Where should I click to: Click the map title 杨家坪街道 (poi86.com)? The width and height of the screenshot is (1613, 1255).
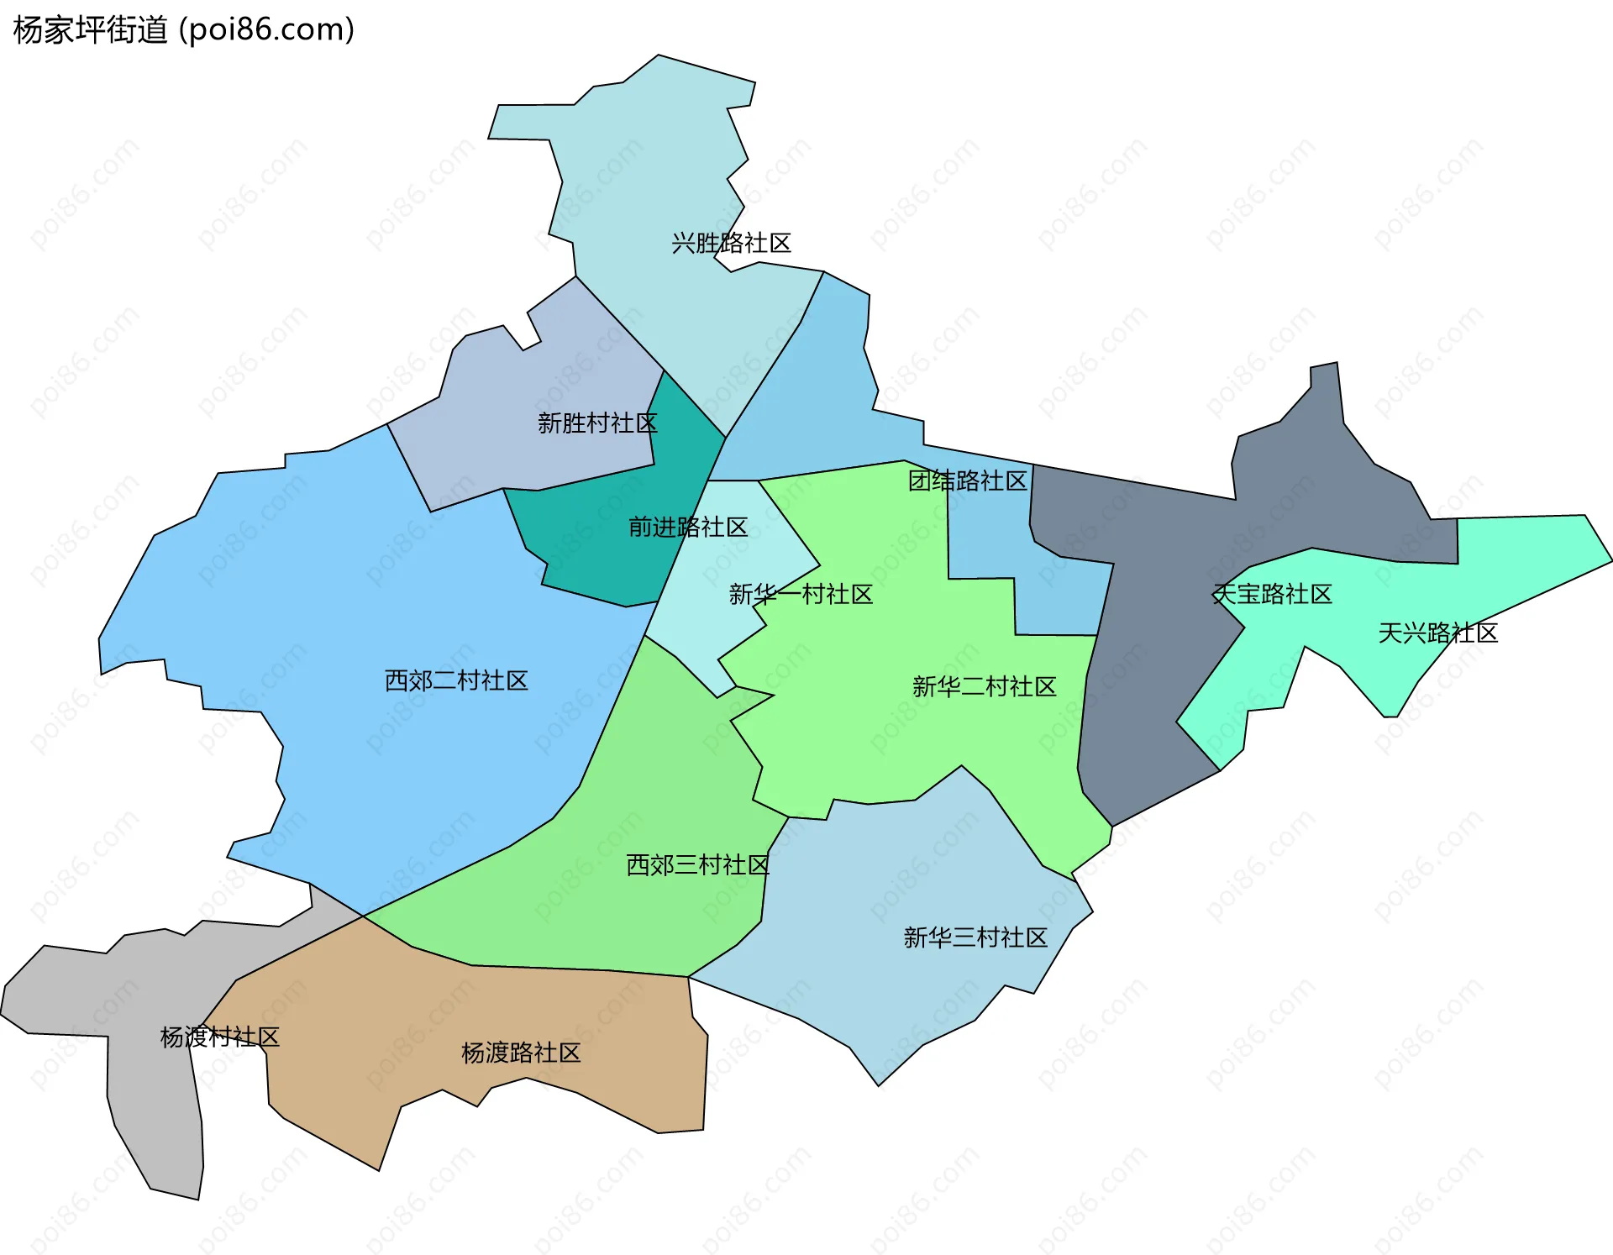pos(184,30)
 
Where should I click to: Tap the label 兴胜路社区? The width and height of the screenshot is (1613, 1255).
pos(731,244)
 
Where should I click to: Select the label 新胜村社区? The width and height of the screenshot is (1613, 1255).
pos(597,423)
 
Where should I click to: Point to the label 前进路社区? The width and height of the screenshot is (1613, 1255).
pos(688,527)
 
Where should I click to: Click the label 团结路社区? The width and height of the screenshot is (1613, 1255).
pos(968,480)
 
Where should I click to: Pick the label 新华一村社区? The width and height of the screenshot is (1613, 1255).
pos(801,595)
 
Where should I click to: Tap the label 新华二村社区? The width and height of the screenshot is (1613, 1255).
pos(984,687)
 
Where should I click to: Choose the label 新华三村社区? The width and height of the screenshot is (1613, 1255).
pos(975,937)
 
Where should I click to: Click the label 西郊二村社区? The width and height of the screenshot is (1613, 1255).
pos(456,680)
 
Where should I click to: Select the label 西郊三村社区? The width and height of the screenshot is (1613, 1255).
pos(698,864)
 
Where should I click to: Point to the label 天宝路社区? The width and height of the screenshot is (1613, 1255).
pos(1272,595)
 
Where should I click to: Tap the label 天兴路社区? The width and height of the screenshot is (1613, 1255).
pos(1437,633)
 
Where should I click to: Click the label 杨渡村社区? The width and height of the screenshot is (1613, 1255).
pos(219,1037)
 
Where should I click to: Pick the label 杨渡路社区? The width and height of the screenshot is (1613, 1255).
pos(521,1053)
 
